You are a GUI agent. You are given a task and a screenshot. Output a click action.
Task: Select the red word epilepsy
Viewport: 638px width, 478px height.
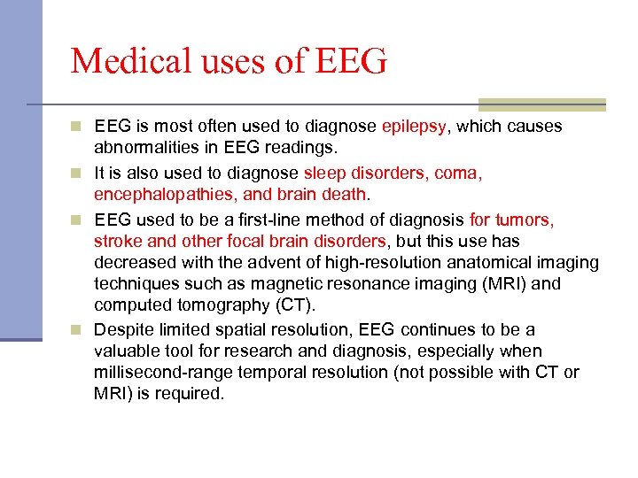pyautogui.click(x=414, y=127)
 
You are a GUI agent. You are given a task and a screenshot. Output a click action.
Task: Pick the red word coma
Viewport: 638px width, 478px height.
pyautogui.click(x=457, y=173)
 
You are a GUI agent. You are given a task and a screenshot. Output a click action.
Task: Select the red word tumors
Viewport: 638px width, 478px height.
pyautogui.click(x=524, y=219)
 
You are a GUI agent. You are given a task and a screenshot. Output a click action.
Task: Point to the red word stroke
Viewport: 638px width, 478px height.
pyautogui.click(x=117, y=241)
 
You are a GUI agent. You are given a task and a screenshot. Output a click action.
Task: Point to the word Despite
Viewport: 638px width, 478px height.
pyautogui.click(x=122, y=329)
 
